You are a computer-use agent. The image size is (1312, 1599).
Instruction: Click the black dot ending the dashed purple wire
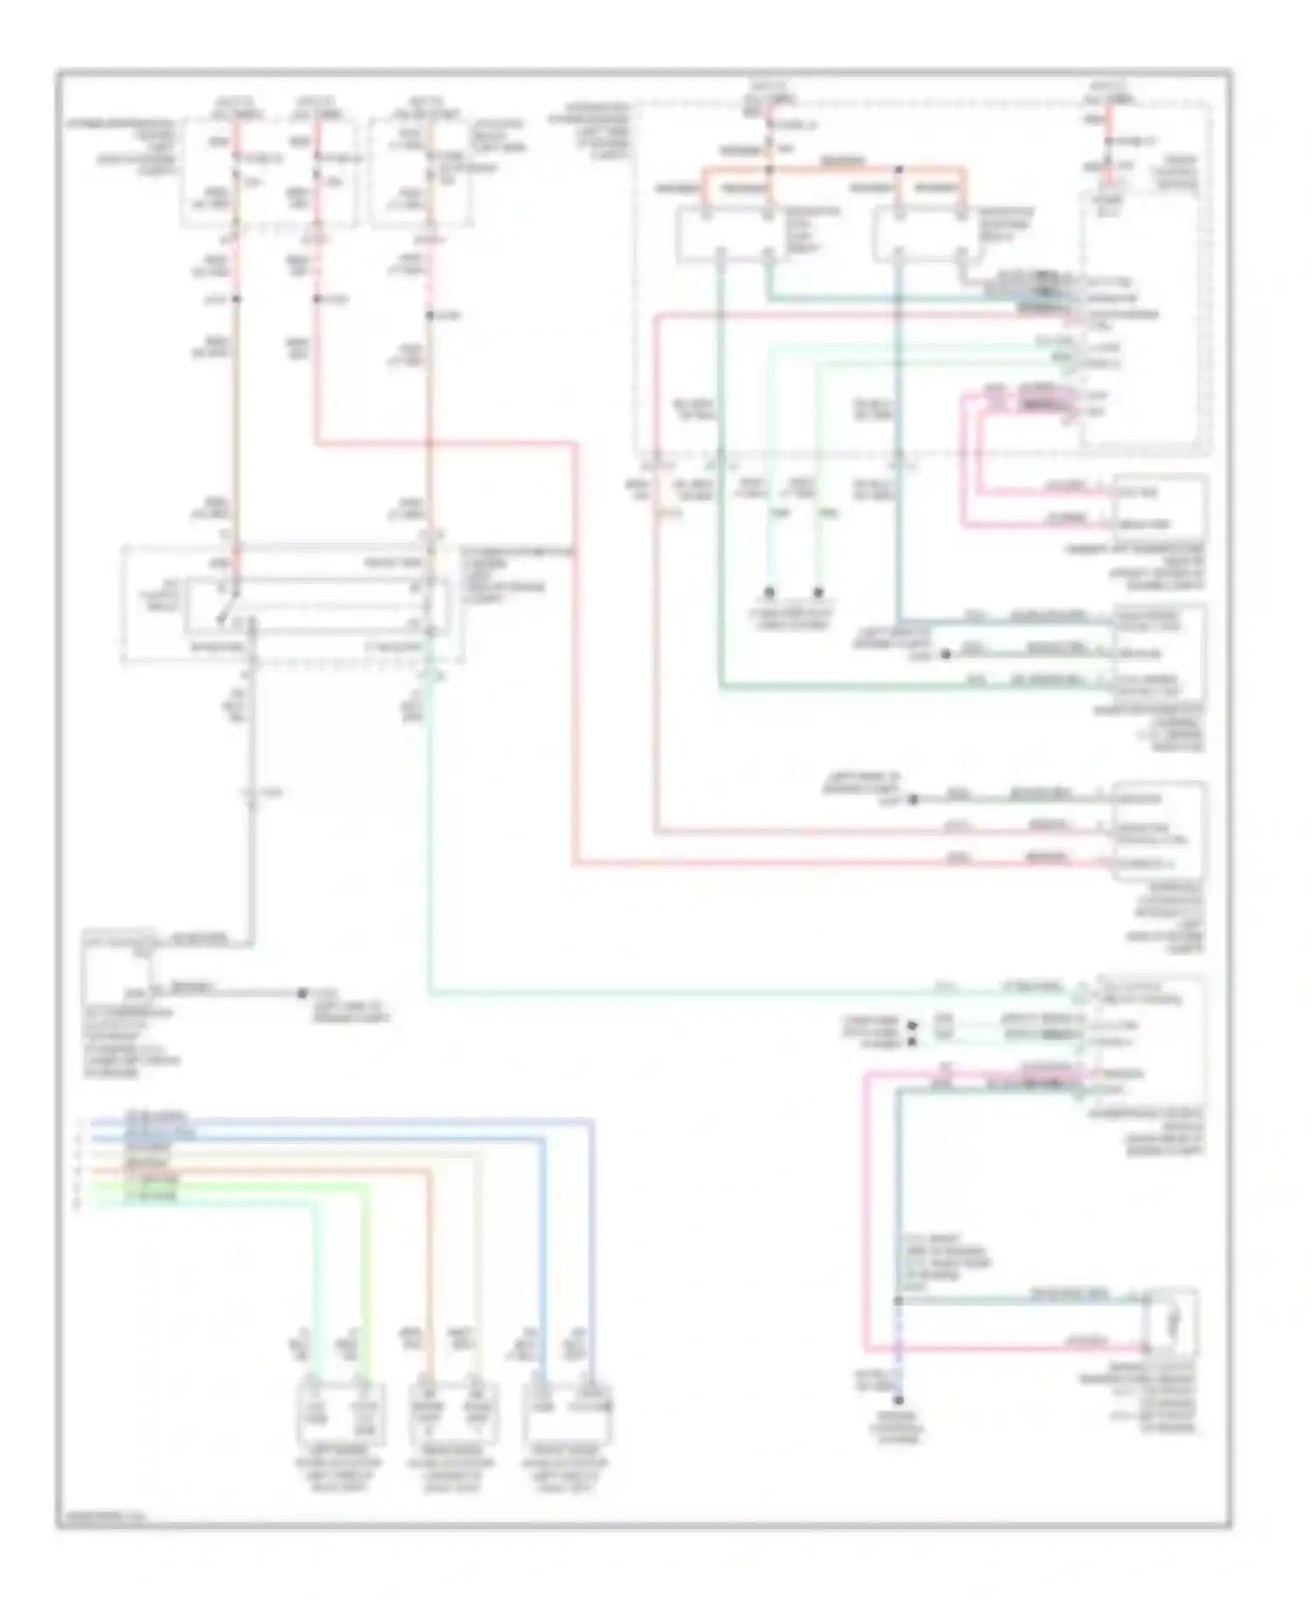coord(898,1400)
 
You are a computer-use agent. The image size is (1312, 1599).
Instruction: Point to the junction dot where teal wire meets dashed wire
coord(898,1301)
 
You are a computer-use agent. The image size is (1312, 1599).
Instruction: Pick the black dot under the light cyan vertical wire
coord(770,592)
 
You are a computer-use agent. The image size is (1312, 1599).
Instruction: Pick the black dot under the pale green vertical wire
coord(819,592)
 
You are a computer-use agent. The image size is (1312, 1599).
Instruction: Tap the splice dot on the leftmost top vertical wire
coord(237,300)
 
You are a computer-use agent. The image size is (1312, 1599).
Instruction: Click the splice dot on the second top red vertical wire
coord(317,300)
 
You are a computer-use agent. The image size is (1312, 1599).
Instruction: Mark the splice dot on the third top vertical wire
coord(429,315)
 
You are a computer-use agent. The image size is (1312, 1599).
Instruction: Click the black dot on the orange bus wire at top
coord(898,169)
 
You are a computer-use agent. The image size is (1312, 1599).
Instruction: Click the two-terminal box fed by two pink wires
coord(1159,506)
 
